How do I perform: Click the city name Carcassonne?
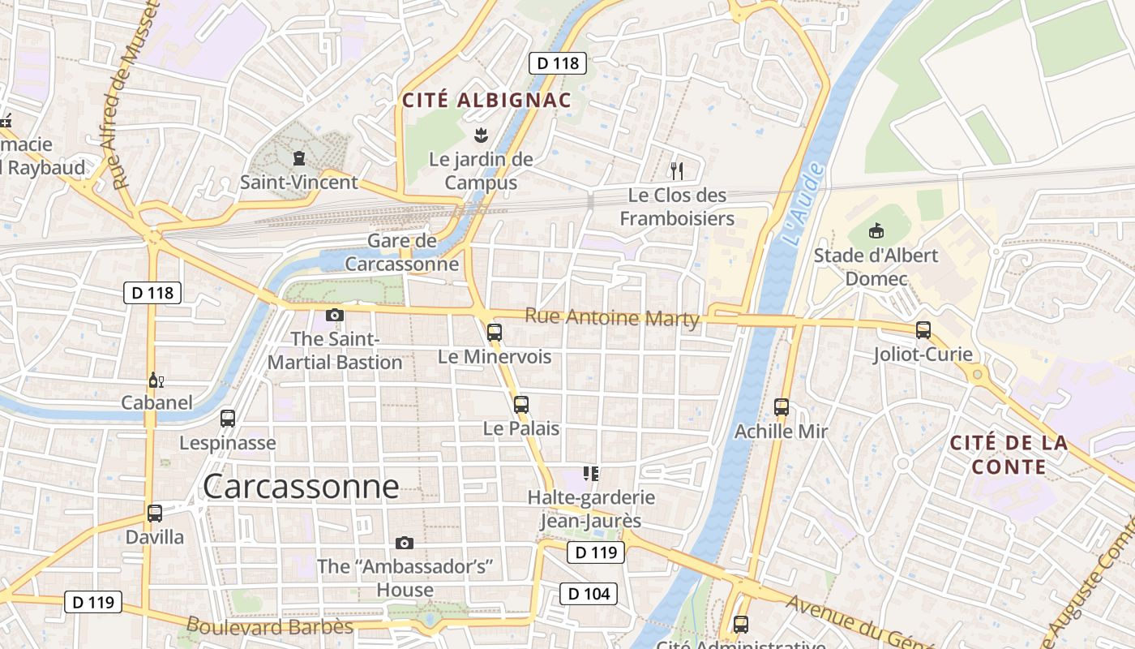pos(301,487)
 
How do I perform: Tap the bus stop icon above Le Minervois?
pos(495,332)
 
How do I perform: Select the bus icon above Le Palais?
pos(521,404)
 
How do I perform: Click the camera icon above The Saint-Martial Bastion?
pos(335,315)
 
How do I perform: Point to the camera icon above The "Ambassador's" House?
pos(405,543)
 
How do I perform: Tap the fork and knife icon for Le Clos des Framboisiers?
pos(677,170)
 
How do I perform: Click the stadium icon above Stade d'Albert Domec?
pos(876,231)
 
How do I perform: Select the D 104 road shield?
pos(589,594)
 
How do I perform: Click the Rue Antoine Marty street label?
pos(612,317)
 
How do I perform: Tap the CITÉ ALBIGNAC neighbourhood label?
pos(487,101)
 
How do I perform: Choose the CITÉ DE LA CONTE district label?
pos(1009,455)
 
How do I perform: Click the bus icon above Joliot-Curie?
pos(923,330)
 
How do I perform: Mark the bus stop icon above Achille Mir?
pos(782,406)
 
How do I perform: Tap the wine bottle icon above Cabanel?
pos(155,380)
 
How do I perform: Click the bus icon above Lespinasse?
pos(228,419)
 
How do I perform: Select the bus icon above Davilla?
pos(155,513)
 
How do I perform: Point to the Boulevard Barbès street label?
pos(270,627)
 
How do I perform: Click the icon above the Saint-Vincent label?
pos(299,158)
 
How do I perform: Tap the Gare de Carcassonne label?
pos(402,252)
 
